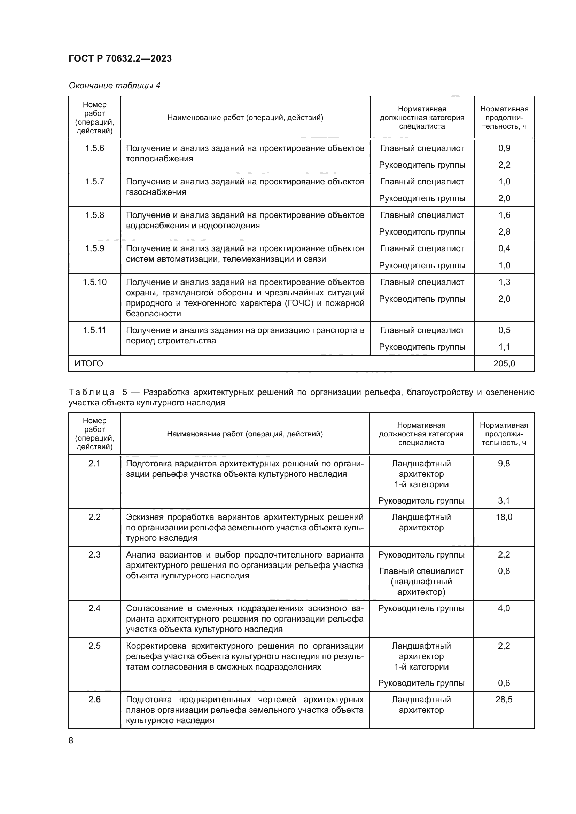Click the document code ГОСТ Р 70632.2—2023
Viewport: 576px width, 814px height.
pos(120,58)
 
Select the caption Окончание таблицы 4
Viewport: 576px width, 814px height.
pos(114,86)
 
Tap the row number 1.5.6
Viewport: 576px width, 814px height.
pos(94,148)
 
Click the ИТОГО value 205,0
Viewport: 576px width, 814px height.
pos(504,363)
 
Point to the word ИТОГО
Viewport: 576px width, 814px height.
pos(89,363)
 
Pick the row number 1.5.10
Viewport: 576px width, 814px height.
pos(94,282)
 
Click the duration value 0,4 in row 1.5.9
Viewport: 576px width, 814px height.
pos(504,248)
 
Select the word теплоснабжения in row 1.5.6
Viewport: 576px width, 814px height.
pos(159,159)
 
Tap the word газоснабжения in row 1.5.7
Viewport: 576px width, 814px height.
pos(156,192)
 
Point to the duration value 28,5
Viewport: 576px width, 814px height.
pos(504,700)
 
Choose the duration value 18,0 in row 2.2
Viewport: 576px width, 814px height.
pos(504,517)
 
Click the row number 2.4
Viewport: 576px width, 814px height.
pos(94,608)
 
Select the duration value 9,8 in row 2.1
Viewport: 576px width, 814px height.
pos(504,464)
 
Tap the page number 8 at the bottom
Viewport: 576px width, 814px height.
pos(71,741)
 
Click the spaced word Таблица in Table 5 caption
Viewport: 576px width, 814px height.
pos(92,392)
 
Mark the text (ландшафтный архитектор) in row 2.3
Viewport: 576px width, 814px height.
pos(421,587)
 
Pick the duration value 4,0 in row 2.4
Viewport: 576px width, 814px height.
pos(504,608)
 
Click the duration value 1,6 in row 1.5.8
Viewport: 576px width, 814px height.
pos(504,215)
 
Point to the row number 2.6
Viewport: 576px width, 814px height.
pos(94,700)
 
